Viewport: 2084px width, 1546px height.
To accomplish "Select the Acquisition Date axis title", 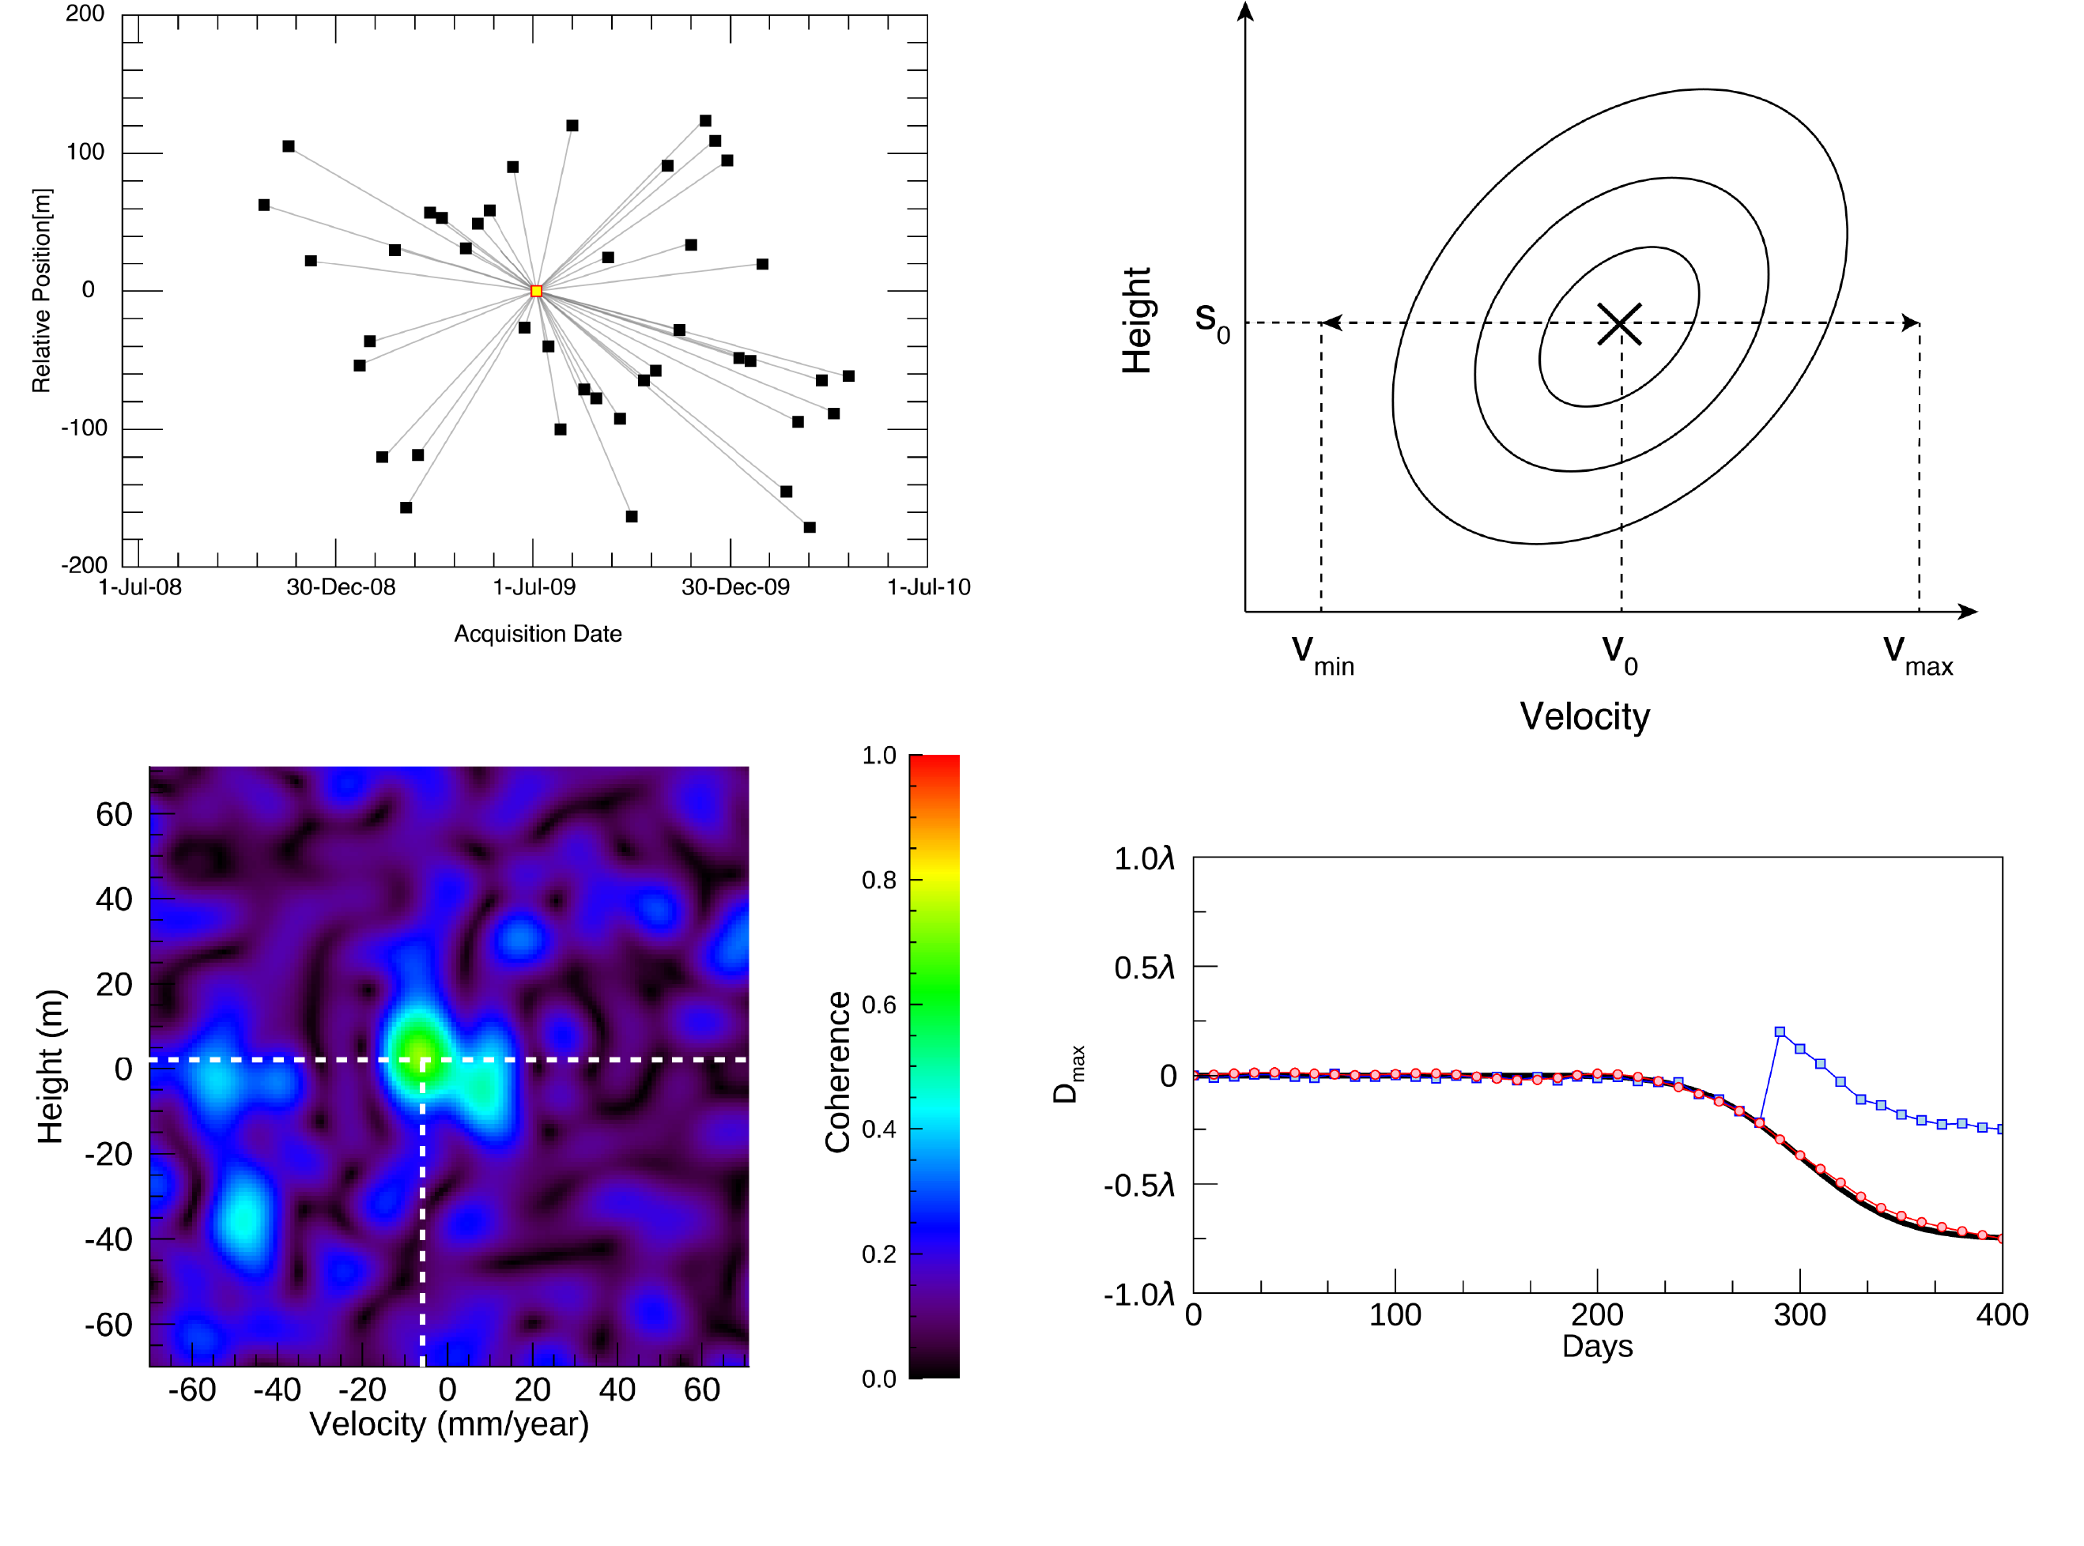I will tap(538, 635).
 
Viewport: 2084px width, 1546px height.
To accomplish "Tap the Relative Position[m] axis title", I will tap(41, 290).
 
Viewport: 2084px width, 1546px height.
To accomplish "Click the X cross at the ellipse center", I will tap(1618, 324).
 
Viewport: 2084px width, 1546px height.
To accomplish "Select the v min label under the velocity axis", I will tap(1322, 654).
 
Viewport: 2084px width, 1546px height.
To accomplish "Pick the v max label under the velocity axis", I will tap(1916, 654).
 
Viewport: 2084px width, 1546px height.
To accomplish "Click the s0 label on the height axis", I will tap(1211, 321).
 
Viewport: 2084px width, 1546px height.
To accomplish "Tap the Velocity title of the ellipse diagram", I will tap(1584, 717).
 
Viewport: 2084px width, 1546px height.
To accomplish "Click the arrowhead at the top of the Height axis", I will tap(1245, 11).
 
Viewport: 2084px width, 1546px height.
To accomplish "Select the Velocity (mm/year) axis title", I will tap(448, 1424).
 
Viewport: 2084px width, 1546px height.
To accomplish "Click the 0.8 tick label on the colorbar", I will tap(878, 880).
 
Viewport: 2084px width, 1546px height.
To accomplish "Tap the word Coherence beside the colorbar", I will tap(837, 1072).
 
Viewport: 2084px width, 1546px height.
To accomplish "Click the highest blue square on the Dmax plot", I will tap(1780, 1032).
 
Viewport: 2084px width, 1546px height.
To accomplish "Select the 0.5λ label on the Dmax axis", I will tap(1143, 967).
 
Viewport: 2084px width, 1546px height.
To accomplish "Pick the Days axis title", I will tap(1597, 1347).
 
